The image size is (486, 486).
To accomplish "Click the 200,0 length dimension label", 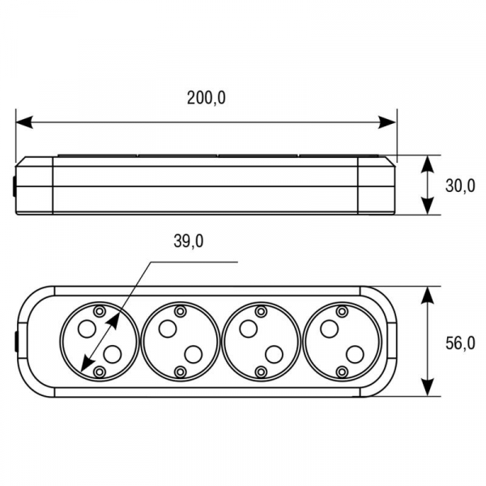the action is [x=206, y=98].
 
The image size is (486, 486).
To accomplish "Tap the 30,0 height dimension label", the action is [x=460, y=186].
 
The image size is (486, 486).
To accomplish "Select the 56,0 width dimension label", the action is [x=460, y=343].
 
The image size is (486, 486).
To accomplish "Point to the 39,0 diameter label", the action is [x=189, y=241].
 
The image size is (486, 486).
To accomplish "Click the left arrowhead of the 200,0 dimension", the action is [x=24, y=122].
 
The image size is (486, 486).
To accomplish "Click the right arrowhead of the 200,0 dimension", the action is [x=387, y=122].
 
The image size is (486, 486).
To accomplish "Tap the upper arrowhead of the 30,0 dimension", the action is [x=428, y=164].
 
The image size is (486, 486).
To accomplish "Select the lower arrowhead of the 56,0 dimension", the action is [x=428, y=387].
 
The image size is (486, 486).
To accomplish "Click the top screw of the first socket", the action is [x=99, y=311].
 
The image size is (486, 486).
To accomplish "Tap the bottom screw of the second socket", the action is [x=180, y=371].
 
